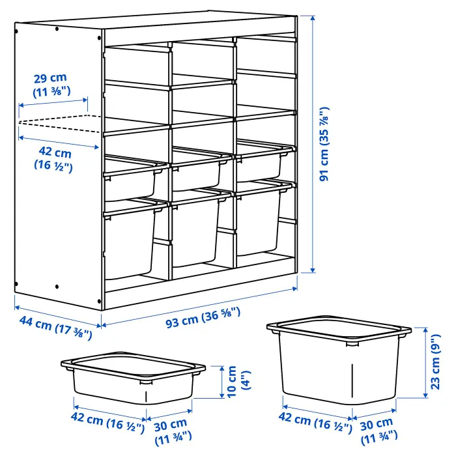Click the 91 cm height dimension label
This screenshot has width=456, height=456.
click(x=324, y=144)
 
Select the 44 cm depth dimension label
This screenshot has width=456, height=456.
click(x=56, y=328)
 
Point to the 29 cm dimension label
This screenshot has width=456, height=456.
click(x=51, y=85)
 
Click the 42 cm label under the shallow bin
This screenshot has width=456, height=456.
click(x=107, y=421)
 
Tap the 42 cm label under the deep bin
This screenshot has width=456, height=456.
click(x=315, y=421)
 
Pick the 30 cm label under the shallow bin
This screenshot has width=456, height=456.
click(x=172, y=432)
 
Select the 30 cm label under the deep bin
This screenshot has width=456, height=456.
click(x=378, y=431)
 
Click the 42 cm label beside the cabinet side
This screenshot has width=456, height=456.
click(x=54, y=160)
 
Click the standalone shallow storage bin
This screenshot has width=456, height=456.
click(x=133, y=378)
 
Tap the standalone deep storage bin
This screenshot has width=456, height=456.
click(x=339, y=360)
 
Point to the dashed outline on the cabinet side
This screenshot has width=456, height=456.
click(x=60, y=124)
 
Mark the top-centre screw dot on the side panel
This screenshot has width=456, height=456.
click(x=57, y=29)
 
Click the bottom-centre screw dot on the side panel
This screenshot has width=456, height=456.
click(x=57, y=287)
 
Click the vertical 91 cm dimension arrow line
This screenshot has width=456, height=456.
click(x=313, y=144)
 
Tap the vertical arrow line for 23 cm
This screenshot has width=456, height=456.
click(x=425, y=362)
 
